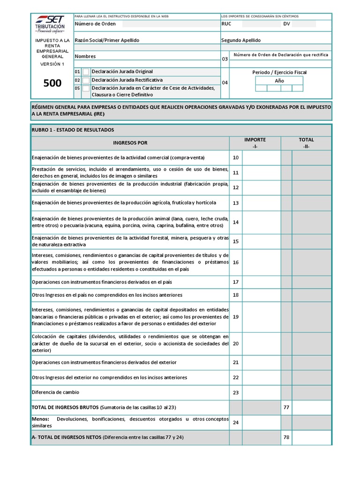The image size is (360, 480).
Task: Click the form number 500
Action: coord(52,83)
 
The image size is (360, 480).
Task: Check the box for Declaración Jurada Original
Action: coord(86,72)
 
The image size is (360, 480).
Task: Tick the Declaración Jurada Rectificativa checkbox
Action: coord(86,80)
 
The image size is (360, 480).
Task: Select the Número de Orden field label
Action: coord(95,24)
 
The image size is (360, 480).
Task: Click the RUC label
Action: coord(226,24)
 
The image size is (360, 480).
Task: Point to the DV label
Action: coord(286,24)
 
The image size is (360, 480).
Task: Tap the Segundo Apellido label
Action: coord(241,40)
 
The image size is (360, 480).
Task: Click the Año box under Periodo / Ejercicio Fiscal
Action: coord(279,81)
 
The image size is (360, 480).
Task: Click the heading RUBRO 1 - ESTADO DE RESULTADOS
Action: coord(73,130)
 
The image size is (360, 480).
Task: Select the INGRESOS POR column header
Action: coord(130,142)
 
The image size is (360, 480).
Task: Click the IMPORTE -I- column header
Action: coord(255,142)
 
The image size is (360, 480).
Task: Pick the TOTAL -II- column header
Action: coord(306,142)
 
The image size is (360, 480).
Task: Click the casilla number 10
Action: coord(236,157)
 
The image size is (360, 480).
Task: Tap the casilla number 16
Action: coord(236,262)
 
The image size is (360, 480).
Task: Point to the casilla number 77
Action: coord(286,407)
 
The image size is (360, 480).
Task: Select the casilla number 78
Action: coord(286,437)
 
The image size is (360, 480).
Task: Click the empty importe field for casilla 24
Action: coord(261,422)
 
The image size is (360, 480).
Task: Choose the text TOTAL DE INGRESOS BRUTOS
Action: coord(65,407)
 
